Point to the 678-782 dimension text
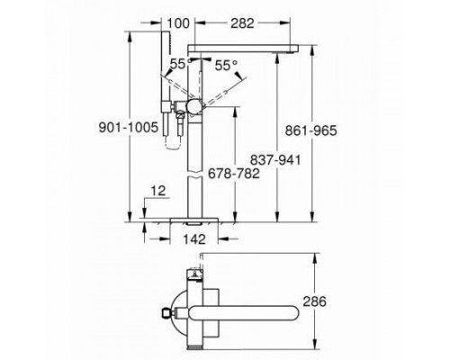236,174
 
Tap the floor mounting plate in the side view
193,219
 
